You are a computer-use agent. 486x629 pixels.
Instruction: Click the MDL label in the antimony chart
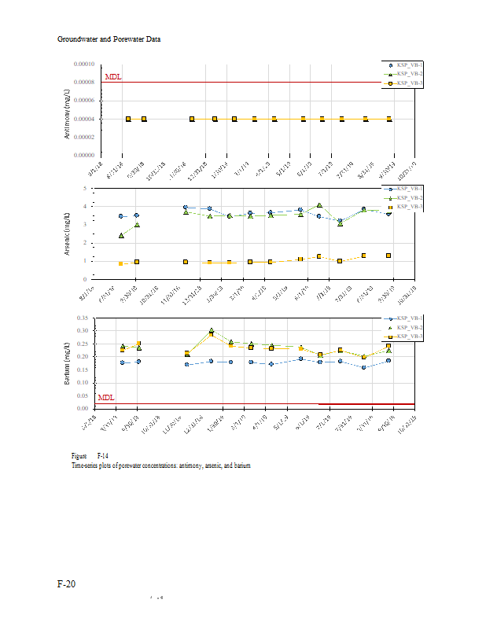pos(112,77)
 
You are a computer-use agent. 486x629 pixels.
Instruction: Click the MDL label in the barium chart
pos(106,399)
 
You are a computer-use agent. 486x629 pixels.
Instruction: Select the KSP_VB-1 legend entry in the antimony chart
pos(409,64)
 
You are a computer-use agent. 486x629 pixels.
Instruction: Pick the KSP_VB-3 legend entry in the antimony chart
pos(409,83)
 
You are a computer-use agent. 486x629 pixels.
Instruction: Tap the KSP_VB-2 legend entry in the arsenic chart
pos(409,197)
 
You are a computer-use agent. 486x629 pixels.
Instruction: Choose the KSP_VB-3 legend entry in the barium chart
pos(409,336)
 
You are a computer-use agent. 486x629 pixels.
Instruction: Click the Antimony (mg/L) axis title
pos(67,114)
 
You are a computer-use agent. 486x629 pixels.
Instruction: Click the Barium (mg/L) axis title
pos(68,362)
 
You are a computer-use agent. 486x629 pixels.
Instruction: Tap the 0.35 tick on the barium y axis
pos(82,318)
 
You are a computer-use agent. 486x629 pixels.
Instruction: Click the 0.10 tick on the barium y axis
pos(82,382)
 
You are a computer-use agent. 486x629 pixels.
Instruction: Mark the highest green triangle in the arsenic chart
pos(319,205)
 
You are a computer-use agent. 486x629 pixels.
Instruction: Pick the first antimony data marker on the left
pos(128,119)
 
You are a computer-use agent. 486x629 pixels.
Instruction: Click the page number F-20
pos(67,584)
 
